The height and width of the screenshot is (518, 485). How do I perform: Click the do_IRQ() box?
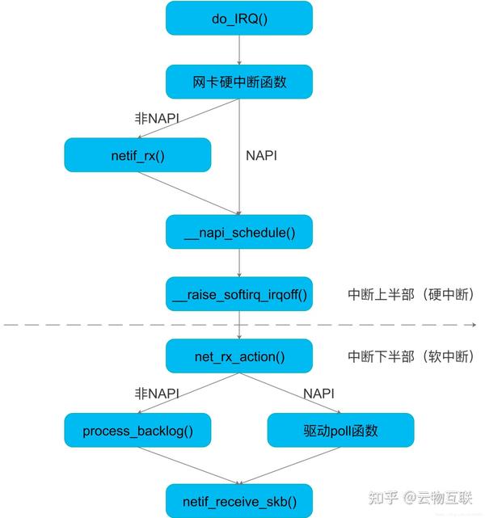click(238, 18)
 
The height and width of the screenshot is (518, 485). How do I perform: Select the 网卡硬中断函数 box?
click(238, 82)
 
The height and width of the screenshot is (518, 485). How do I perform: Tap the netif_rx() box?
click(137, 155)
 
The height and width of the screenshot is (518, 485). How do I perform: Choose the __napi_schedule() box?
click(238, 232)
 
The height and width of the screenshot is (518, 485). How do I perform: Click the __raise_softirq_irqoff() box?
click(238, 294)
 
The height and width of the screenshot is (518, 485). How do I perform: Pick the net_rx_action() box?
click(238, 356)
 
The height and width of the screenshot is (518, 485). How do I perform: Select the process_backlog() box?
click(137, 431)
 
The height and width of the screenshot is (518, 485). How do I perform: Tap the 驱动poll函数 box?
click(340, 431)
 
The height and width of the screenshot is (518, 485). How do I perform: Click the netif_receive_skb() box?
click(238, 501)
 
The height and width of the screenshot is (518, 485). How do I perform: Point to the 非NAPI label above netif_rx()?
click(156, 118)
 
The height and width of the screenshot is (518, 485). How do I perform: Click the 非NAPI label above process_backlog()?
click(156, 394)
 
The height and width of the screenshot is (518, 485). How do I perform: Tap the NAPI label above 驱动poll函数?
click(318, 394)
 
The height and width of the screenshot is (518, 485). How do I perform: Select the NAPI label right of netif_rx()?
click(260, 155)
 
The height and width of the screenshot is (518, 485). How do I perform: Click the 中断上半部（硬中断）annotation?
click(411, 294)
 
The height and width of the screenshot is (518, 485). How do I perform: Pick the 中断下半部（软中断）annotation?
click(411, 356)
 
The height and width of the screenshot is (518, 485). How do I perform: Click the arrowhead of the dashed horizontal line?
click(473, 325)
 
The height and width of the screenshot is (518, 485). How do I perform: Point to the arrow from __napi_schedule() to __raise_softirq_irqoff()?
click(239, 263)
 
